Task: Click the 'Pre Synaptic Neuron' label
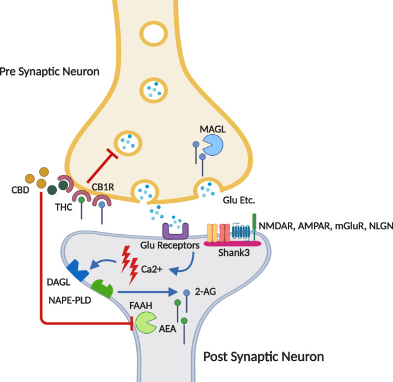(x=50, y=72)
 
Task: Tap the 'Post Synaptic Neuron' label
(x=263, y=357)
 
